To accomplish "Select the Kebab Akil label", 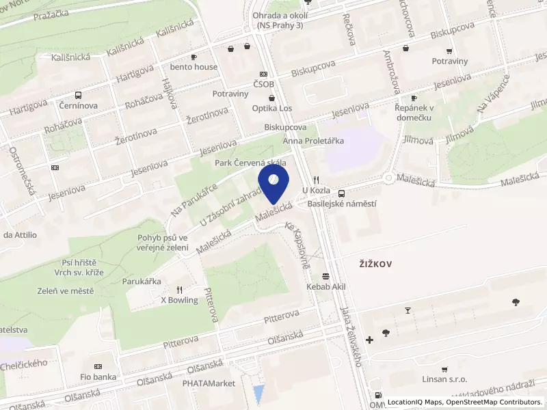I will click(x=327, y=287).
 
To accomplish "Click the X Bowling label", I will click(x=179, y=300).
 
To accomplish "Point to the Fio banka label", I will click(x=98, y=377).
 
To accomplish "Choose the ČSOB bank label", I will click(x=263, y=84).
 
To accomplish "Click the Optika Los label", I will click(x=271, y=109).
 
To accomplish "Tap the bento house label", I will click(x=194, y=67).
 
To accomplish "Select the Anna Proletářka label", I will click(x=314, y=141).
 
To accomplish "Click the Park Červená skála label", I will click(x=250, y=163).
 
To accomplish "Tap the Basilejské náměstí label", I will click(x=342, y=204).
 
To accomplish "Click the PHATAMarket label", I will click(x=208, y=383).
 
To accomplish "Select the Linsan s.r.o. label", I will click(x=444, y=379).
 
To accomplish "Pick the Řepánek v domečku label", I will click(x=414, y=112).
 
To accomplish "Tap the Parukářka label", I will click(x=141, y=280).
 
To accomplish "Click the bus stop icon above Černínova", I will click(x=78, y=96).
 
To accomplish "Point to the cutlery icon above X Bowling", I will click(x=179, y=289).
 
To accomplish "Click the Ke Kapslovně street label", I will click(x=298, y=244).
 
